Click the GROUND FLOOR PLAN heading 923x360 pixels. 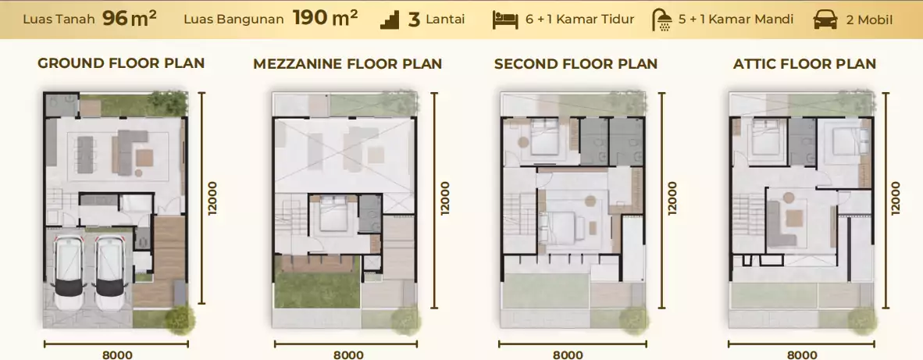121,63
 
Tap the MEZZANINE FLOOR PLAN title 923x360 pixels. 347,64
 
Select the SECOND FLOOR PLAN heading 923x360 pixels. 576,64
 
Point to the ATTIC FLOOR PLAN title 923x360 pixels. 804,64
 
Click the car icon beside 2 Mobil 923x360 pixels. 825,20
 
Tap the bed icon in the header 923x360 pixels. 505,20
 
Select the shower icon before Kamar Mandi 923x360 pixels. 663,20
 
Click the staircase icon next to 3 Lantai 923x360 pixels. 390,20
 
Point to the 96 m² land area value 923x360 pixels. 130,19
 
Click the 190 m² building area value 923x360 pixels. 325,19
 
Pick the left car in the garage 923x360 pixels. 69,273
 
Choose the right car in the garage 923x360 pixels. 111,273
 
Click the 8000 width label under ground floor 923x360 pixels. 117,355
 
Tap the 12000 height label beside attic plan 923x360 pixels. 896,198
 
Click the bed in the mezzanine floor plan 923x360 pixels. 333,213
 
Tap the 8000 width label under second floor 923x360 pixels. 568,355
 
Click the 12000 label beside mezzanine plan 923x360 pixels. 445,198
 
